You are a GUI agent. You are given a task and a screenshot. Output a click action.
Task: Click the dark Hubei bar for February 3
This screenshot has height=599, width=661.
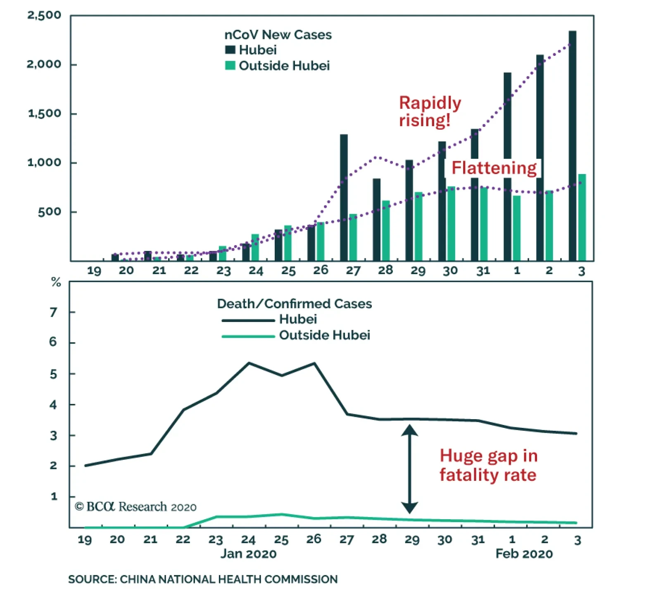point(572,145)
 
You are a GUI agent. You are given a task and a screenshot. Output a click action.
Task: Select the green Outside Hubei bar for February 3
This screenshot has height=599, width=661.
point(582,217)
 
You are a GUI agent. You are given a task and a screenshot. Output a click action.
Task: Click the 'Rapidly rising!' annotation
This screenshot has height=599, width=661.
point(429,112)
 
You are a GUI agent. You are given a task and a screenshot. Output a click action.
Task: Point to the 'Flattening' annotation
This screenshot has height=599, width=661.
point(494,168)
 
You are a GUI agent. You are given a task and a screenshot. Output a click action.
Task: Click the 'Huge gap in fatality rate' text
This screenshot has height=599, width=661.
point(488,465)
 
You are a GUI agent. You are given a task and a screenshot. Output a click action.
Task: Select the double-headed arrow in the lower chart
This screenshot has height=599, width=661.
point(409,469)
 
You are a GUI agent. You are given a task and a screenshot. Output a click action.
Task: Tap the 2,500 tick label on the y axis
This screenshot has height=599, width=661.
point(44,16)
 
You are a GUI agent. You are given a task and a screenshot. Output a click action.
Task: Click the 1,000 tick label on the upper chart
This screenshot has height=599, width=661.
point(44,162)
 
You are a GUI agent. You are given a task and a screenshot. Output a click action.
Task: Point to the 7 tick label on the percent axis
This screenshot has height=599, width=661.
point(53,312)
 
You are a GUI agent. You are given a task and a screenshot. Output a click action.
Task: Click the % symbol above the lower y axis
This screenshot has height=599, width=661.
point(56,282)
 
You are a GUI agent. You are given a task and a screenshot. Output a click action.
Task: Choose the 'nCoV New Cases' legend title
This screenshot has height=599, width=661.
point(278,35)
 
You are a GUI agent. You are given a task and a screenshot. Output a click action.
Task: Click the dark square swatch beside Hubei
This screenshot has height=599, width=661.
point(230,50)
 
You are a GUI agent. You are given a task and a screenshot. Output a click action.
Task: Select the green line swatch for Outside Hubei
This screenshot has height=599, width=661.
point(248,336)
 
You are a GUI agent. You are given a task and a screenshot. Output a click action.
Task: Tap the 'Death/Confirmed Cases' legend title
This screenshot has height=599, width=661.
point(294,304)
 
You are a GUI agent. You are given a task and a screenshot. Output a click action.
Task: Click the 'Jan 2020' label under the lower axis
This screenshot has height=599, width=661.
point(248,554)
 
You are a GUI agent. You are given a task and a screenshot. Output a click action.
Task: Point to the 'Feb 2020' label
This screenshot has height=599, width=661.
point(524,554)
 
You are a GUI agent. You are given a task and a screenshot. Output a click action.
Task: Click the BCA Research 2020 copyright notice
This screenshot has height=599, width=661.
point(136,507)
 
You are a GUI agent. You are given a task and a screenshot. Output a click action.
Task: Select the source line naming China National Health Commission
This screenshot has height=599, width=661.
point(203,579)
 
